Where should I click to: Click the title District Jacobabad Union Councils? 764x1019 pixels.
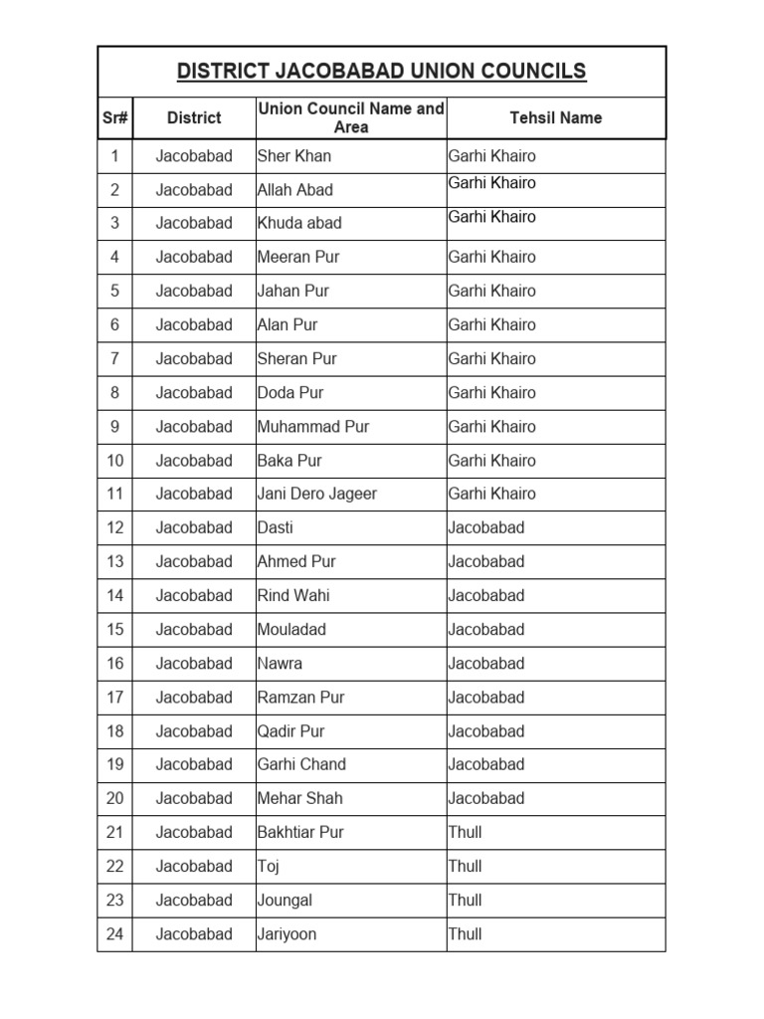[381, 72]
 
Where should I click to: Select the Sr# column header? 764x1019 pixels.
[114, 117]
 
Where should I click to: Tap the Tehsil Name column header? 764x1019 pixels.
[555, 117]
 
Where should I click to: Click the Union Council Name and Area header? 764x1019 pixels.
[351, 117]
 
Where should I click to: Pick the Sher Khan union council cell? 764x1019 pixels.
[294, 156]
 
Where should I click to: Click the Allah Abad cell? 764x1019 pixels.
[295, 190]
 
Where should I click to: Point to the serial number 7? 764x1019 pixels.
[114, 358]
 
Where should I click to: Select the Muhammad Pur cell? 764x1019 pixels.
[313, 426]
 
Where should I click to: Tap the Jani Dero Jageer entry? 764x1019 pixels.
[317, 494]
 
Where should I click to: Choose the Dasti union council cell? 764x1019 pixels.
[276, 527]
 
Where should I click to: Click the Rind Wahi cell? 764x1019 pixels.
[293, 595]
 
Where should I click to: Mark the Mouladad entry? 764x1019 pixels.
[291, 629]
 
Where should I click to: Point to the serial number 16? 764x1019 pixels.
[114, 663]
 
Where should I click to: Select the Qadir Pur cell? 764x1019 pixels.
[291, 730]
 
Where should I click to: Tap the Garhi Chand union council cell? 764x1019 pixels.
[301, 764]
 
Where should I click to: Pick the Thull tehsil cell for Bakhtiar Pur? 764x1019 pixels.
[465, 832]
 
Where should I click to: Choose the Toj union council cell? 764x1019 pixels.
[269, 866]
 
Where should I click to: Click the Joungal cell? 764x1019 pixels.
[285, 900]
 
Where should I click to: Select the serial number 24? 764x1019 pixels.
[114, 933]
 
